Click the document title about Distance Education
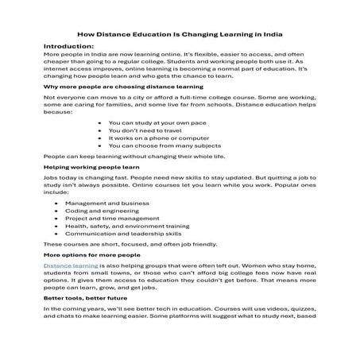point(180,34)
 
